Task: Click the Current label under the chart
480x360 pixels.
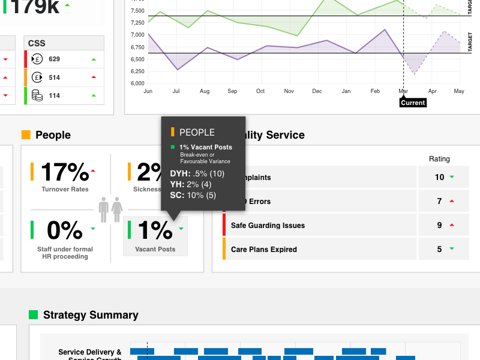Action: [x=413, y=103]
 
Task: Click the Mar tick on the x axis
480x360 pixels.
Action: [x=403, y=91]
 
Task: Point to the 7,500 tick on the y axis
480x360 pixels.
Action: [x=137, y=11]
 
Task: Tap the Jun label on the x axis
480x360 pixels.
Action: [x=148, y=91]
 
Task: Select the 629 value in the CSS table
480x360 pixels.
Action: [x=55, y=59]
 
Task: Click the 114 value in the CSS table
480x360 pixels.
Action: [x=55, y=95]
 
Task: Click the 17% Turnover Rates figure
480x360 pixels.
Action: [x=65, y=172]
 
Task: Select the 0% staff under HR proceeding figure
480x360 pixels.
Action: [x=65, y=230]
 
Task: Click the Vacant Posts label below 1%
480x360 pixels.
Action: [x=155, y=249]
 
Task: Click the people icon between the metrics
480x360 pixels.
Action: [x=111, y=209]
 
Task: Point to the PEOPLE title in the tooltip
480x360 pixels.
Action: [x=197, y=132]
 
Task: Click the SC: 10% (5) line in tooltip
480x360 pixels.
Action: [x=193, y=195]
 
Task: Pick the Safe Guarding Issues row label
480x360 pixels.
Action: [x=268, y=226]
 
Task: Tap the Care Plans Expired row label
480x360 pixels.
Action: [x=263, y=249]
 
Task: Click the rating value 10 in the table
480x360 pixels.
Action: [x=439, y=178]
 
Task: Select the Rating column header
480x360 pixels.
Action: [x=439, y=159]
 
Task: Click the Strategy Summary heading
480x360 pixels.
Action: [x=91, y=315]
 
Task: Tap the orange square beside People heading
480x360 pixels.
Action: [x=26, y=135]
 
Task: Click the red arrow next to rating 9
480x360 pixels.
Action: [x=452, y=225]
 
